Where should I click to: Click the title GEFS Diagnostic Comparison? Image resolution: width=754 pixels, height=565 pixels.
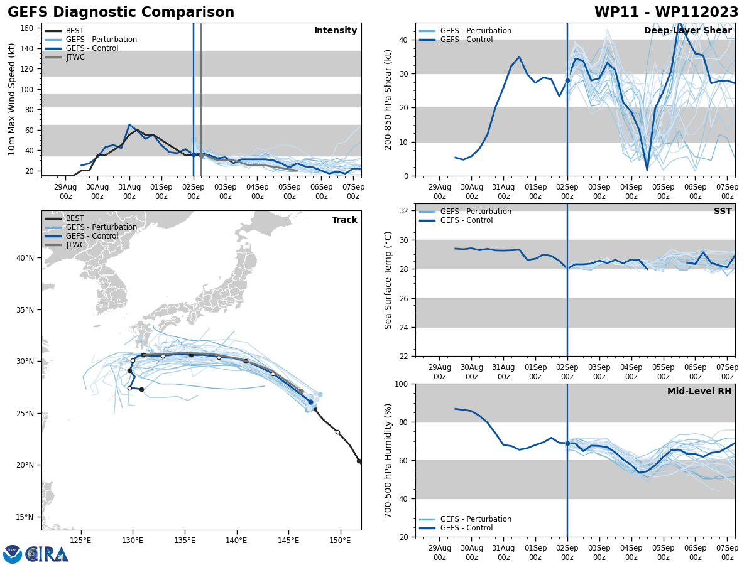pyautogui.click(x=121, y=13)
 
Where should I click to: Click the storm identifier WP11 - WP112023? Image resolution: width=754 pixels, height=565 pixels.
pyautogui.click(x=666, y=13)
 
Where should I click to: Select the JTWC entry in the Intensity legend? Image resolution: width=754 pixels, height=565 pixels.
pyautogui.click(x=75, y=57)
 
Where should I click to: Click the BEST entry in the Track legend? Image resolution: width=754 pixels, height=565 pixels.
pyautogui.click(x=75, y=218)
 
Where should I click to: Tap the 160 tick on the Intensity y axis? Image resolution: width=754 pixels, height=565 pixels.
pyautogui.click(x=28, y=28)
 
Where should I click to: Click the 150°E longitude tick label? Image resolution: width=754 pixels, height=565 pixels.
pyautogui.click(x=340, y=541)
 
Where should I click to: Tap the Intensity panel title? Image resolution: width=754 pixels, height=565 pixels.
pyautogui.click(x=336, y=31)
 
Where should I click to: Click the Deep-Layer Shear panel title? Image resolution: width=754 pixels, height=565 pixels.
pyautogui.click(x=687, y=31)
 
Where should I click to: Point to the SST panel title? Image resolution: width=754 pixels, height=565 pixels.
pyautogui.click(x=723, y=212)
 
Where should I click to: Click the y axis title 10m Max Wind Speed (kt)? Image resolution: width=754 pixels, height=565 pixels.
pyautogui.click(x=12, y=99)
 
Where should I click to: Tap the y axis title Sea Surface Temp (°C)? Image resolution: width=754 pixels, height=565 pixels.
pyautogui.click(x=388, y=280)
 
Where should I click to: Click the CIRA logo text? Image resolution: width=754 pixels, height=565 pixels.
pyautogui.click(x=46, y=554)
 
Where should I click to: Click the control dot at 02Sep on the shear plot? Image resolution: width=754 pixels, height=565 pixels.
pyautogui.click(x=567, y=80)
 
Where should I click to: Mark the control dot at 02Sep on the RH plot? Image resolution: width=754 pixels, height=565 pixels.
pyautogui.click(x=567, y=443)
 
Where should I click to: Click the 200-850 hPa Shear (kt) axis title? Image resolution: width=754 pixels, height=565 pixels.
pyautogui.click(x=388, y=99)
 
